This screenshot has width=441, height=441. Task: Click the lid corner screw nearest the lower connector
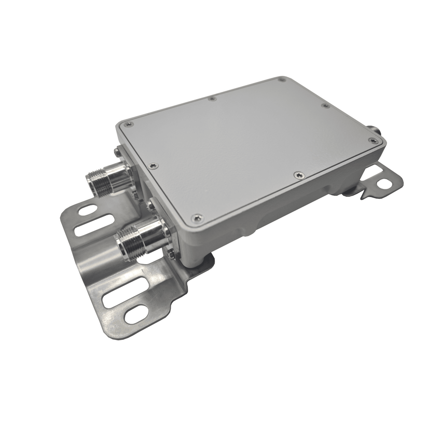[196, 218]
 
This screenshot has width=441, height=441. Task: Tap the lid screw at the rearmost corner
[282, 80]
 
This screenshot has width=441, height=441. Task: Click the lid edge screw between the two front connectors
[151, 166]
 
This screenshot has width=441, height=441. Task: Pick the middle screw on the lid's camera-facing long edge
[297, 175]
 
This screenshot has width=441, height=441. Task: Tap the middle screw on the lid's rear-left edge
[212, 98]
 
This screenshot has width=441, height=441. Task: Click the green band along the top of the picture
[220, 26]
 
